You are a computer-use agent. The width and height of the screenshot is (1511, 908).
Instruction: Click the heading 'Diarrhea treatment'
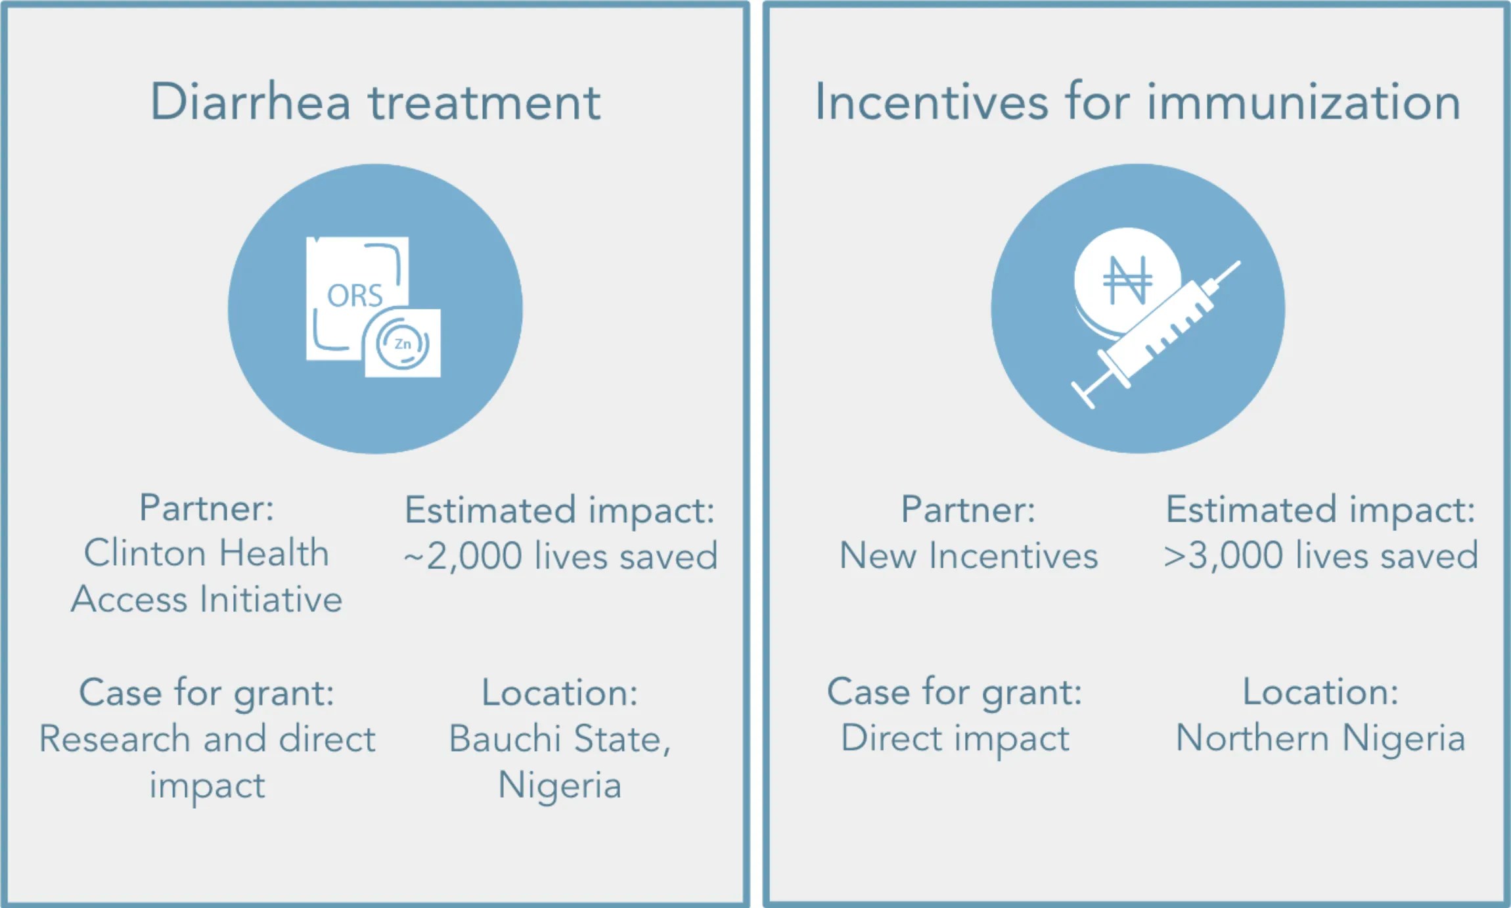point(375,102)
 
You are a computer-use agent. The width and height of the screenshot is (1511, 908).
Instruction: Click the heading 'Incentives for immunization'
point(1137,102)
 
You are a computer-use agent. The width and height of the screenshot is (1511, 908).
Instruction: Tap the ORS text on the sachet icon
point(355,296)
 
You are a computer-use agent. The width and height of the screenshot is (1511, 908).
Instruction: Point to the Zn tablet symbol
point(402,344)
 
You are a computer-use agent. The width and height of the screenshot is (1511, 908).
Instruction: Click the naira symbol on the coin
point(1127,280)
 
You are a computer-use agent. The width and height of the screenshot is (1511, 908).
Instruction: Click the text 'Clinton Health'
point(206,553)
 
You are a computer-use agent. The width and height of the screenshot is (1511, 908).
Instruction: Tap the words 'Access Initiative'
point(206,599)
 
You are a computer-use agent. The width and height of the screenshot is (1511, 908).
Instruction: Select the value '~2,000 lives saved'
point(560,556)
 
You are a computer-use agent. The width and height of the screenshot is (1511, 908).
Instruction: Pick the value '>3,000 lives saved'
point(1320,555)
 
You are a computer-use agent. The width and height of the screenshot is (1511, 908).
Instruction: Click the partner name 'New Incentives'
point(968,555)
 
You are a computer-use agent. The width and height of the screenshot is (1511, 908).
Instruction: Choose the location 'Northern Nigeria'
point(1320,738)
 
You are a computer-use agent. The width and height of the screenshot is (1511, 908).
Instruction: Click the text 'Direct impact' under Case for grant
point(955,739)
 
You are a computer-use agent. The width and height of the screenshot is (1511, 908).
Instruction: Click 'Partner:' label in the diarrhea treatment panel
point(206,508)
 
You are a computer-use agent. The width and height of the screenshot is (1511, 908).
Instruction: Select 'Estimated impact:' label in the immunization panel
point(1320,510)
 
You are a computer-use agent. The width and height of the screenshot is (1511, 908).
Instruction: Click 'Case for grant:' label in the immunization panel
point(955,692)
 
